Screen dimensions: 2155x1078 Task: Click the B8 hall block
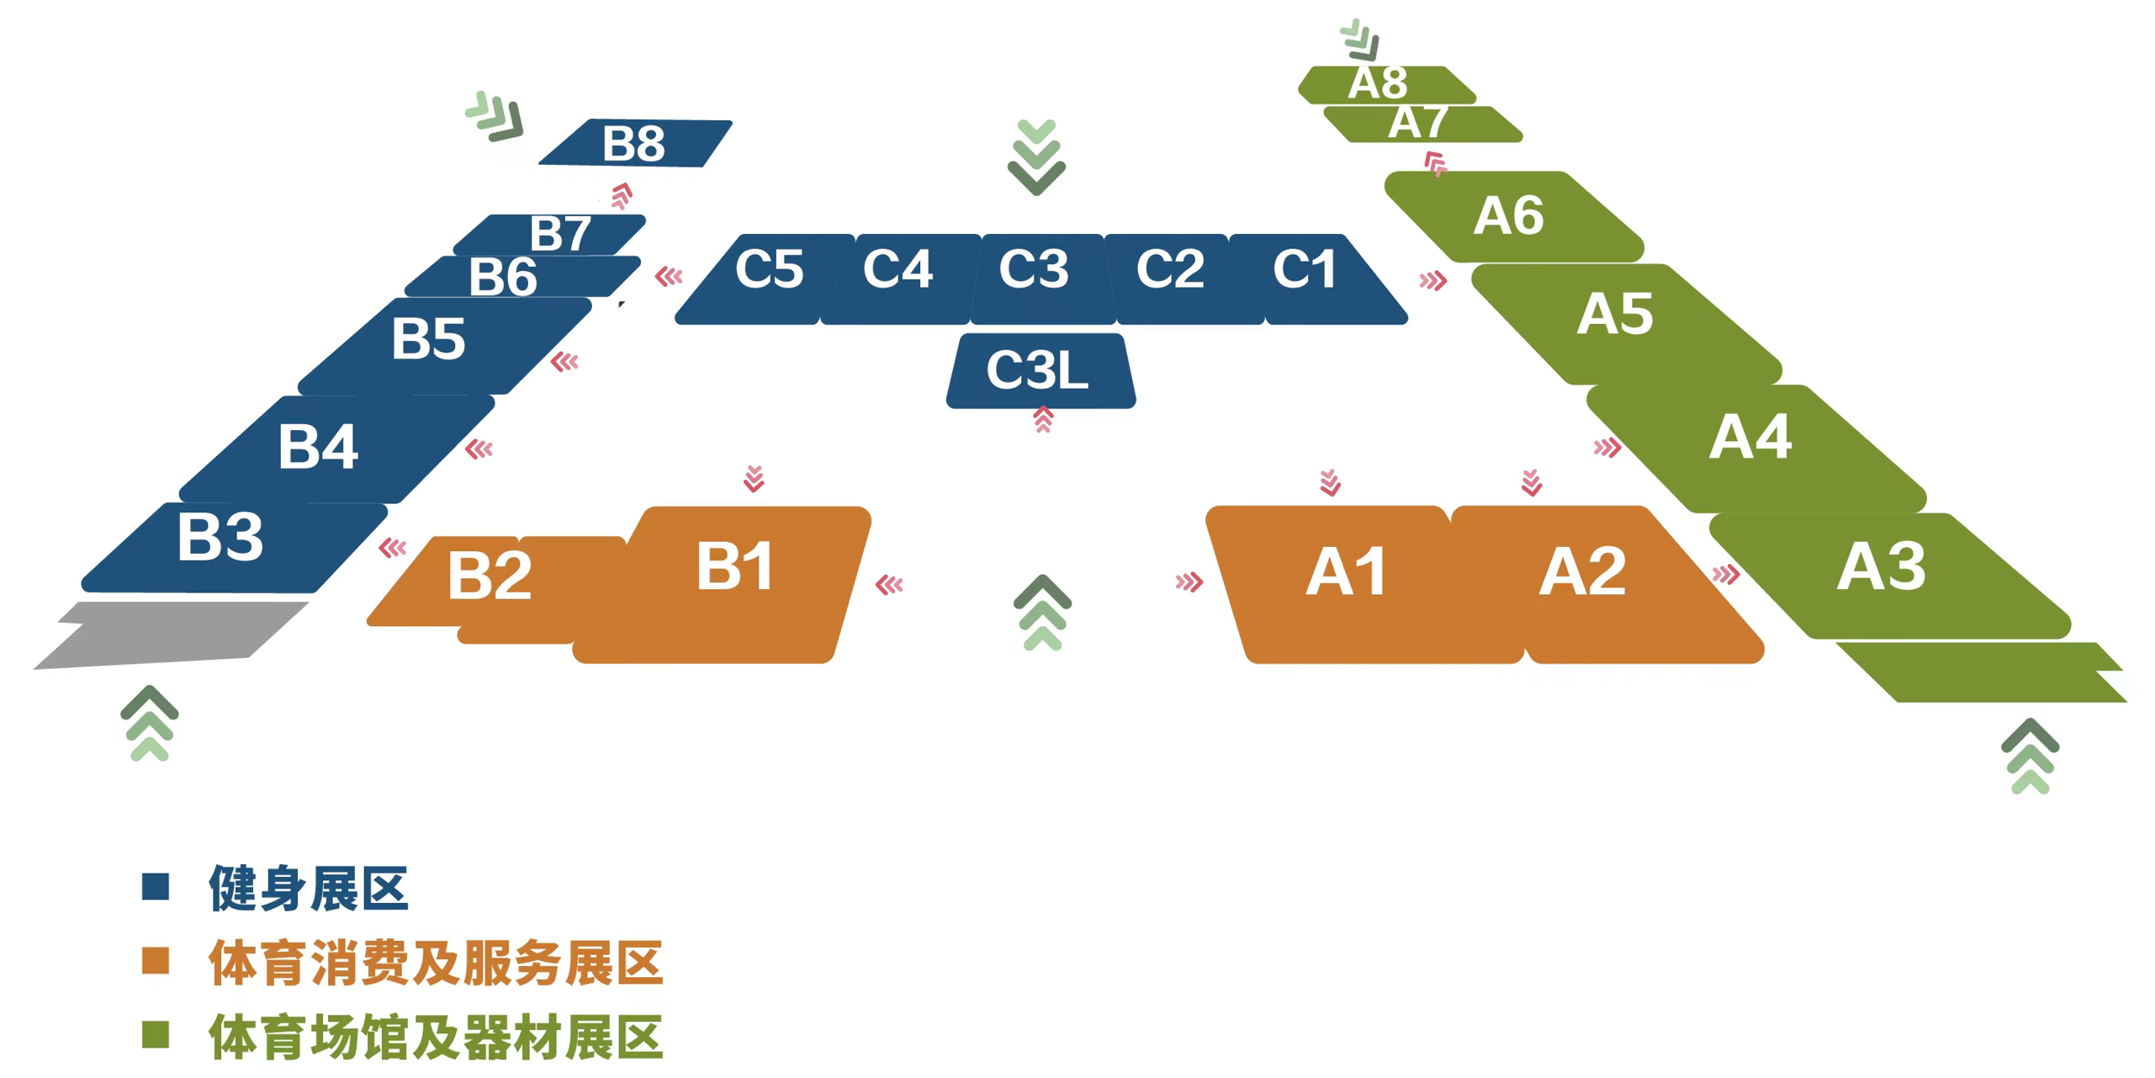(x=635, y=143)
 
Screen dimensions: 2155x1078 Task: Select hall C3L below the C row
(x=1040, y=371)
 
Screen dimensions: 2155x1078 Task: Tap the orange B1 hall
(x=723, y=584)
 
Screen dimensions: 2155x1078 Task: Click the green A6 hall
(x=1514, y=216)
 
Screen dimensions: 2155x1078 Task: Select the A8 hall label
(x=1378, y=82)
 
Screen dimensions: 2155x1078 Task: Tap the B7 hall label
(x=560, y=233)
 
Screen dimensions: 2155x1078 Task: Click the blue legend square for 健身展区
(x=156, y=886)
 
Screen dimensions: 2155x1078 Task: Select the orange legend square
(x=156, y=960)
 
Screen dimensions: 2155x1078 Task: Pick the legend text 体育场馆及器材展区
(x=436, y=1036)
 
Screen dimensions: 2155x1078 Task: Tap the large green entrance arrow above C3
(x=1036, y=157)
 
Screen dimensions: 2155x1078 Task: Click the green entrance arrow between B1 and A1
(x=1042, y=613)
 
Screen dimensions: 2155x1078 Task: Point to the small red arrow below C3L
(x=1043, y=419)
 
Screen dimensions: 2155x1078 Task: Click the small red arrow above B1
(x=754, y=478)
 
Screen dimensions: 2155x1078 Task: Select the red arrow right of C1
(x=1432, y=280)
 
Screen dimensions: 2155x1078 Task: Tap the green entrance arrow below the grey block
(x=150, y=723)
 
